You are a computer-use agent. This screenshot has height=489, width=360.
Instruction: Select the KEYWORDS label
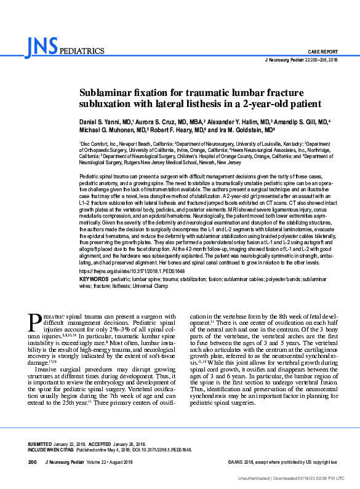click(94, 279)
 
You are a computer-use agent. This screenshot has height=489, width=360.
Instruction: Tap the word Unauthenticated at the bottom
click(255, 477)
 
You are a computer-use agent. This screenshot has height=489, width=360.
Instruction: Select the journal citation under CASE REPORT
click(301, 60)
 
